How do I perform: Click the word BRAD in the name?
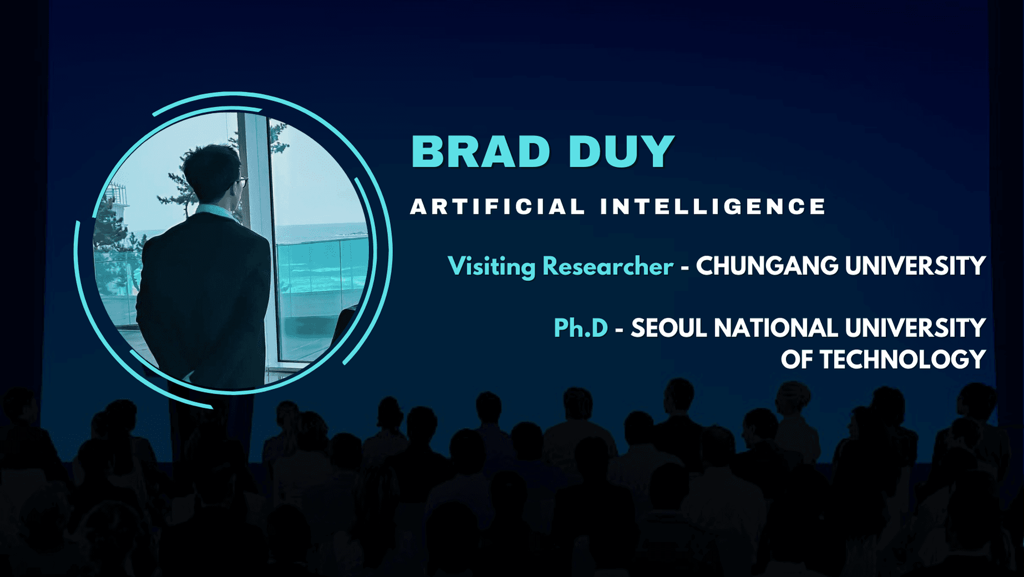point(481,151)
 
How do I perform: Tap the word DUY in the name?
point(622,151)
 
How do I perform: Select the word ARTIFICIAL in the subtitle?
point(498,207)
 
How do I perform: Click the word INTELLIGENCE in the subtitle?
point(713,207)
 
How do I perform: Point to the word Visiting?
point(491,267)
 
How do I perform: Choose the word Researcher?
point(608,266)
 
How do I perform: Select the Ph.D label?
point(581,328)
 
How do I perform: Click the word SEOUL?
point(669,328)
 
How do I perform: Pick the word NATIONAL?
point(776,328)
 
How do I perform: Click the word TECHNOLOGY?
point(903,360)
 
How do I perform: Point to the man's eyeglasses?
point(242,182)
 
